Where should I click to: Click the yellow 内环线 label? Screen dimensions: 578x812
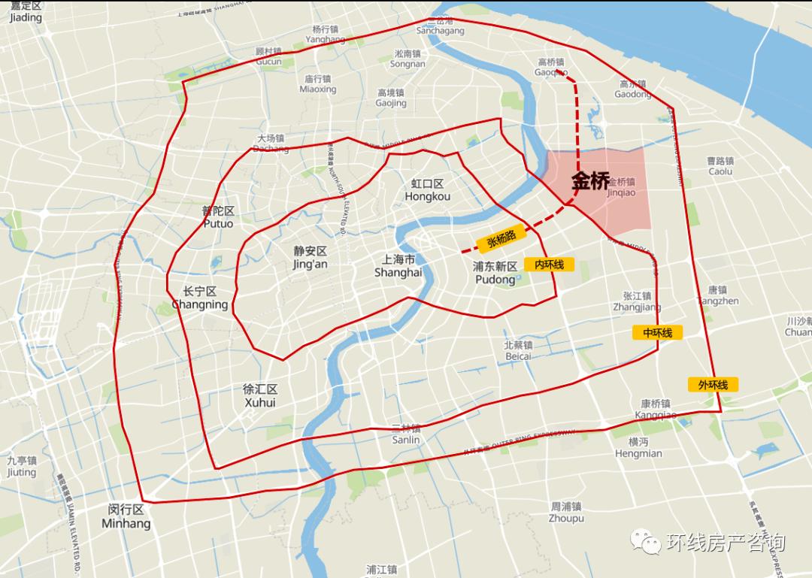click(x=554, y=265)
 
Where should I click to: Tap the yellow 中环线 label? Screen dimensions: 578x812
click(x=657, y=332)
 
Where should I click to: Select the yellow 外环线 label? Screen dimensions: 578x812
click(x=713, y=385)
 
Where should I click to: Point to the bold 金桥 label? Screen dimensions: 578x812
click(x=590, y=181)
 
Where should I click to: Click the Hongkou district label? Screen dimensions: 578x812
click(x=427, y=190)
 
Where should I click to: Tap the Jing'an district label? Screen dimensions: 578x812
click(x=311, y=257)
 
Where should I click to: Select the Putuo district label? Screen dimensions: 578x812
click(x=218, y=217)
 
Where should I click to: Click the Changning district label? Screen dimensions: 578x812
click(x=199, y=298)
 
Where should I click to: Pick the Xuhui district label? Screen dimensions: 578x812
click(x=260, y=396)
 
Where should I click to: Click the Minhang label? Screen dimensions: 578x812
click(x=126, y=516)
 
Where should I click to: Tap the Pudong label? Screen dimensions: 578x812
click(x=495, y=273)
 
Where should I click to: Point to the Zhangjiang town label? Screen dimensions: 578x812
click(x=637, y=301)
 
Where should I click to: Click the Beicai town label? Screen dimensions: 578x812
click(x=518, y=350)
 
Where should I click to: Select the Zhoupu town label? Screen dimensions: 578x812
click(x=566, y=513)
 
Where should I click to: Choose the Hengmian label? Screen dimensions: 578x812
click(x=638, y=447)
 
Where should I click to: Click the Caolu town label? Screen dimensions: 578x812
click(x=720, y=166)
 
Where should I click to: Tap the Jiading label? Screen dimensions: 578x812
click(x=26, y=12)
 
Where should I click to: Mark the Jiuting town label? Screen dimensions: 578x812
click(x=21, y=467)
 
